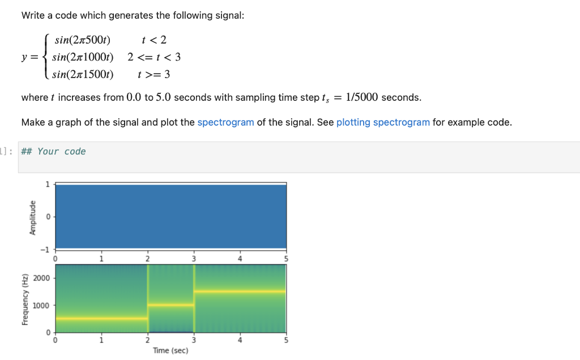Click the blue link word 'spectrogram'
(x=225, y=122)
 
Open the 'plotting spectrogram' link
(x=383, y=122)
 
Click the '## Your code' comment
(x=53, y=151)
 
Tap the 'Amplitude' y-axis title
(x=32, y=217)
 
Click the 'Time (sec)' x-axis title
(x=170, y=350)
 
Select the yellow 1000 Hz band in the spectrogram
(x=170, y=305)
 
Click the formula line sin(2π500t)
(x=82, y=40)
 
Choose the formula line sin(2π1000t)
(x=83, y=57)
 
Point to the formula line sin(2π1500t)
(x=83, y=74)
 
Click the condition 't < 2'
(x=154, y=40)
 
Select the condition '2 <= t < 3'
(x=154, y=57)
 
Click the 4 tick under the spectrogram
(x=240, y=340)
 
